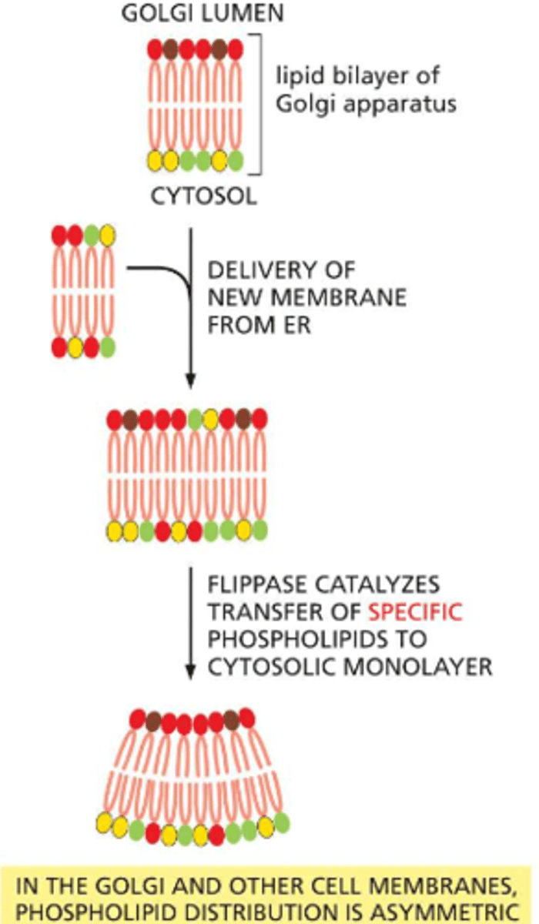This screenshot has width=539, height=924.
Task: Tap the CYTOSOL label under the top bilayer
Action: click(203, 196)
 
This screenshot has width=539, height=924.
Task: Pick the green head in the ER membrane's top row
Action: click(92, 234)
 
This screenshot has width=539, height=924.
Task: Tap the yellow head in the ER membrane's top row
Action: click(108, 234)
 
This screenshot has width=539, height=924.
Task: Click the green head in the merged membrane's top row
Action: click(195, 420)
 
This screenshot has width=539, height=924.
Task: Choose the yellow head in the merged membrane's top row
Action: click(210, 420)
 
